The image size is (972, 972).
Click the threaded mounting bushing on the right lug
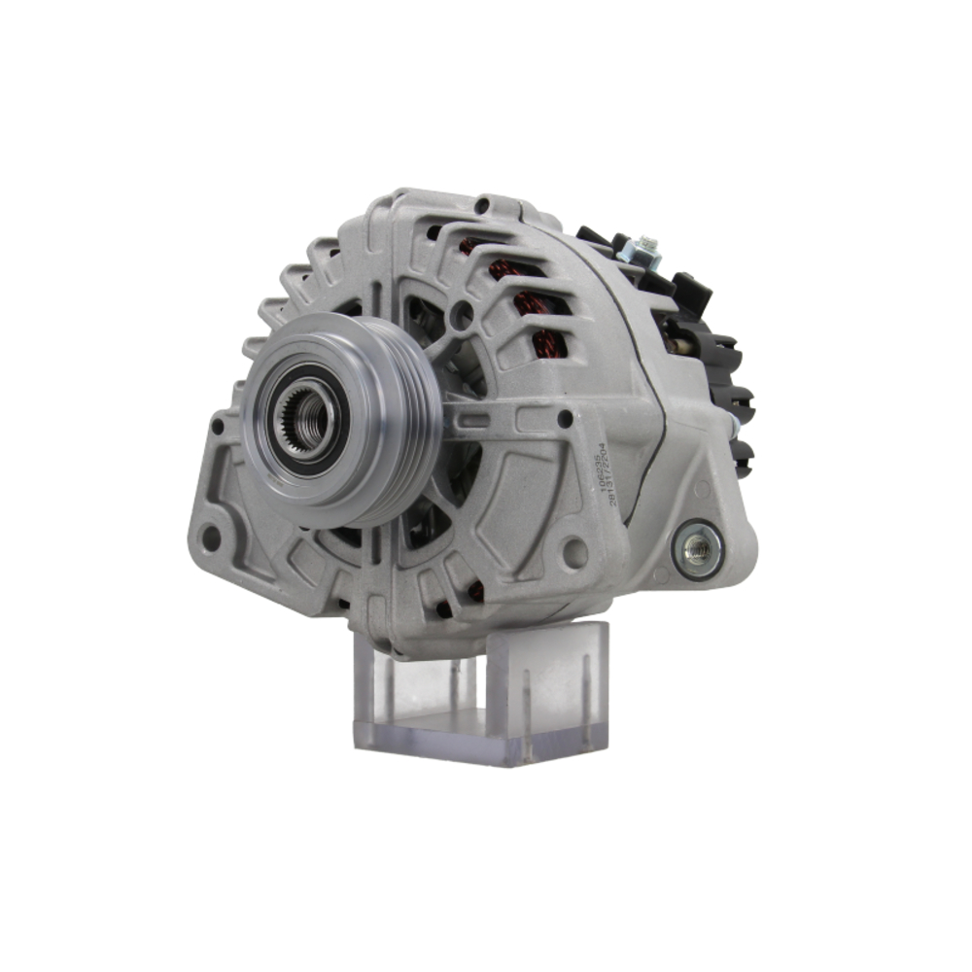tap(697, 550)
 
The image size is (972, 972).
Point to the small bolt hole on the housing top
tap(482, 206)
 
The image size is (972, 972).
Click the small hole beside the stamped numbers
tap(565, 420)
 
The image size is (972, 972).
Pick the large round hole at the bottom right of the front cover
tap(575, 552)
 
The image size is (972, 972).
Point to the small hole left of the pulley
tap(218, 426)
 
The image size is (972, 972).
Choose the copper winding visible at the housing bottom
tap(475, 590)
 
